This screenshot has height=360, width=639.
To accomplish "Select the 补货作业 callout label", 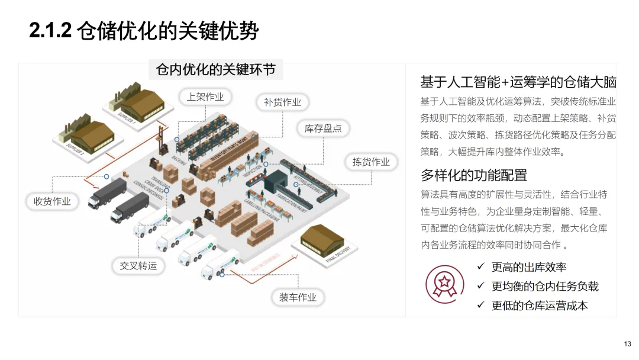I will click(x=282, y=102).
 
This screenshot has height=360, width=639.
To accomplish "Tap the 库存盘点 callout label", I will click(x=322, y=128).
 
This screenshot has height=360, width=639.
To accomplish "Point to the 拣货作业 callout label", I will click(x=371, y=162).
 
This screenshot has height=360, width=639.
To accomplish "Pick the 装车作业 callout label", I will click(x=298, y=297).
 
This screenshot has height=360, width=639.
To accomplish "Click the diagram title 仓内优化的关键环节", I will click(x=215, y=70).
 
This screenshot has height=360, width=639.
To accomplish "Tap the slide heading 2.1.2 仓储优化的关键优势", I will click(x=144, y=31).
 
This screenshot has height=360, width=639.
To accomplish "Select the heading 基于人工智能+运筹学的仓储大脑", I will click(x=518, y=82).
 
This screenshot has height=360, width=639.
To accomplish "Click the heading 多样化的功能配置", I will click(x=473, y=175).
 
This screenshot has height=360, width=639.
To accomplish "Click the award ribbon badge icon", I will click(x=445, y=282).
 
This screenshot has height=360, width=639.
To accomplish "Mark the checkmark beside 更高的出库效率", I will click(x=481, y=267).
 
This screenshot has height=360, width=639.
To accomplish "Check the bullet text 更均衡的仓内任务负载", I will click(x=545, y=287).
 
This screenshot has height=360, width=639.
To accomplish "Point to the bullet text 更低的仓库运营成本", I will click(x=540, y=306).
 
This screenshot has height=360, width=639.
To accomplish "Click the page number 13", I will click(x=628, y=344).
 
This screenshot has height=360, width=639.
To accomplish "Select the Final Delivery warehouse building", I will click(x=322, y=240).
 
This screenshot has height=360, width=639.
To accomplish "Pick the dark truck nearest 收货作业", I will click(x=107, y=192).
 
